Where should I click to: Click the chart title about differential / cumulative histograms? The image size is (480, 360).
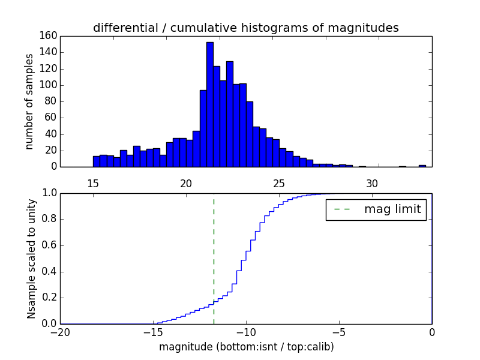245,28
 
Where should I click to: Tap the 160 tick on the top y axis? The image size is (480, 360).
49,36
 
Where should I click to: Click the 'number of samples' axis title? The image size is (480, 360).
29,101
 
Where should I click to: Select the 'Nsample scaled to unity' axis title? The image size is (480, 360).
31,259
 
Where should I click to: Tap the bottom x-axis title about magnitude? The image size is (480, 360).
246,347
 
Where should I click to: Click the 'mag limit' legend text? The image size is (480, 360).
392,209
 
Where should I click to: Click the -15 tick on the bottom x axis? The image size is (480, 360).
153,332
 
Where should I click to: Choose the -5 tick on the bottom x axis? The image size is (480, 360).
339,332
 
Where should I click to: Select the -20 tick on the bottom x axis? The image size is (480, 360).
60,332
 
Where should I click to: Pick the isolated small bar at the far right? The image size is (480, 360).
422,166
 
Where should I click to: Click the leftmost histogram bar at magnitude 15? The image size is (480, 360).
96,161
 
